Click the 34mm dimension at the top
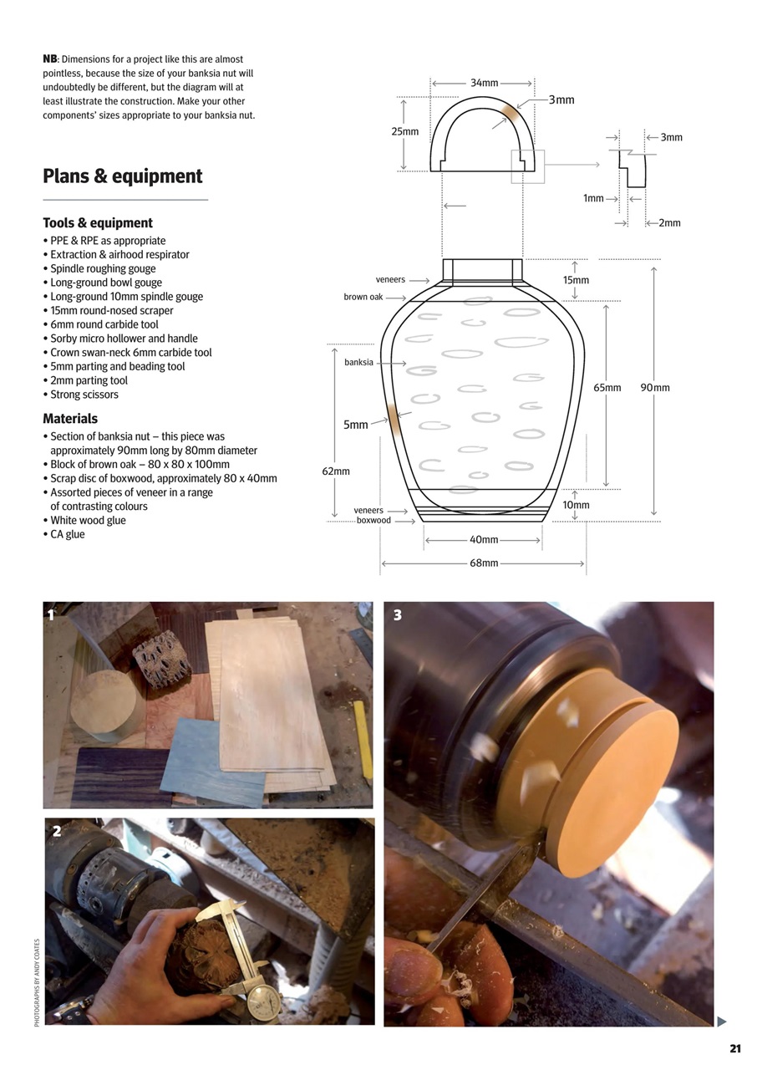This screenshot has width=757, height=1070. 484,83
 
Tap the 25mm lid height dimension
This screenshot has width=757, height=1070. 404,131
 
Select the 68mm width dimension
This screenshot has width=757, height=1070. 484,563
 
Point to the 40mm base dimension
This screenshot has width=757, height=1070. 484,540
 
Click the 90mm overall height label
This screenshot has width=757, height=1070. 655,388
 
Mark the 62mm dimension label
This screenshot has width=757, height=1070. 336,471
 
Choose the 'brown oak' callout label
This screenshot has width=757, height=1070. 363,297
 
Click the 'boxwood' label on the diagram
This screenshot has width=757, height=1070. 373,521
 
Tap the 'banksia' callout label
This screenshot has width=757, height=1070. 358,363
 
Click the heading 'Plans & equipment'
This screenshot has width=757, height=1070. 122,176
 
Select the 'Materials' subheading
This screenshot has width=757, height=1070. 70,419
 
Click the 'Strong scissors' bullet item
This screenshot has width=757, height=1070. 84,395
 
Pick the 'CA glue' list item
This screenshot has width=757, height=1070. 67,534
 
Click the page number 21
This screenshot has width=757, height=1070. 735,1049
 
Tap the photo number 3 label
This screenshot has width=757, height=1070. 398,615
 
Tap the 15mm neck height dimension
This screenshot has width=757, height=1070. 576,280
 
